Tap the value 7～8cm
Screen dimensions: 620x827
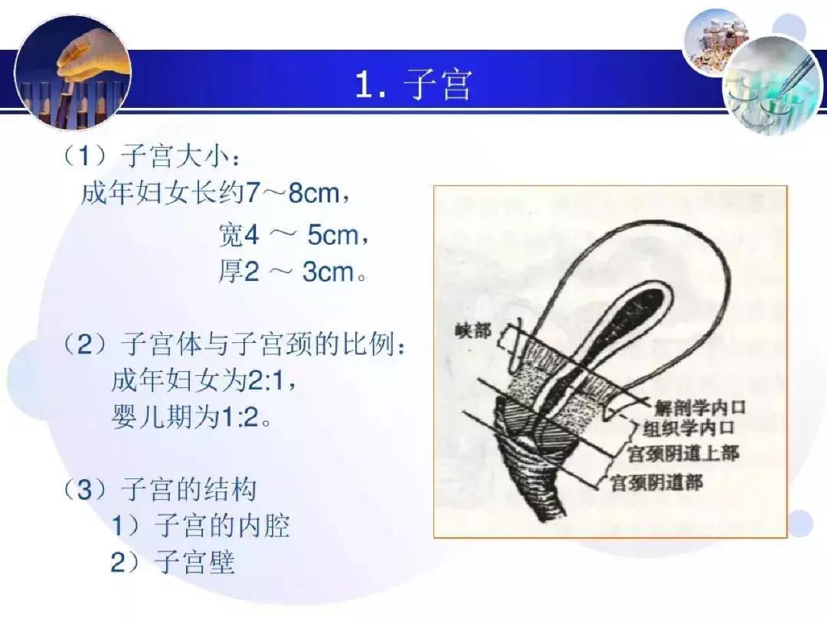(290, 193)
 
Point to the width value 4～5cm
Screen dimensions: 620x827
(302, 235)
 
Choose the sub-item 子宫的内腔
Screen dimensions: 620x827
(222, 526)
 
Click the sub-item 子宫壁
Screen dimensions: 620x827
(194, 563)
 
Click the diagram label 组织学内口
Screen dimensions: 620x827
(687, 428)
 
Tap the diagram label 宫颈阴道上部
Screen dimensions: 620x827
(683, 453)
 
